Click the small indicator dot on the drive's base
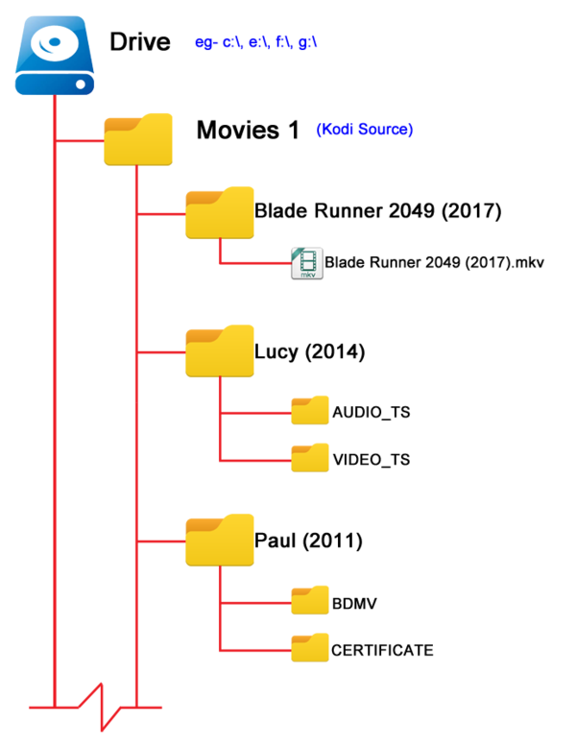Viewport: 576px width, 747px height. (81, 85)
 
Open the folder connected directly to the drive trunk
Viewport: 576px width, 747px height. (138, 140)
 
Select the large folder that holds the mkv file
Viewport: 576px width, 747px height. (220, 213)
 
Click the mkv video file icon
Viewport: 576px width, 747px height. (307, 263)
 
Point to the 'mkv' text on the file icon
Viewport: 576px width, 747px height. (308, 275)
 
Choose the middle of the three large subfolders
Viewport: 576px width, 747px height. (220, 351)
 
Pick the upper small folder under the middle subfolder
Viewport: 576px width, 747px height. (310, 410)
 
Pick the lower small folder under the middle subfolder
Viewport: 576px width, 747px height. (310, 458)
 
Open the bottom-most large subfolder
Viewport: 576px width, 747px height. (220, 540)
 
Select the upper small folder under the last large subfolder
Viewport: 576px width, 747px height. (310, 600)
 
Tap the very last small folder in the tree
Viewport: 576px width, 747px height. (310, 647)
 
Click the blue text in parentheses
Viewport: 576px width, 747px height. (365, 130)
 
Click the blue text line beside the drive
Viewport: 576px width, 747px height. (255, 43)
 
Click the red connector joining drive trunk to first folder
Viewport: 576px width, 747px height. (80, 141)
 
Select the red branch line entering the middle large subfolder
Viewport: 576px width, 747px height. (161, 352)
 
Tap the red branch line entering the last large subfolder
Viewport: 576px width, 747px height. (161, 542)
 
